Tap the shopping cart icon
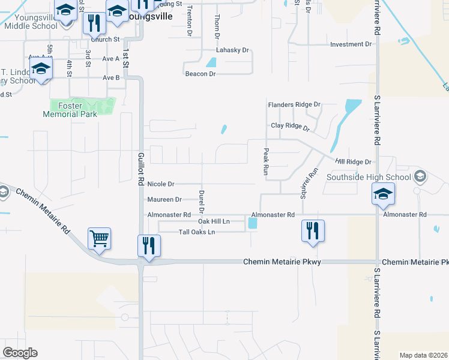click(100, 238)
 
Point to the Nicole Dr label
click(160, 184)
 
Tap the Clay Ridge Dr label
click(289, 127)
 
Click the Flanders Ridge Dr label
click(294, 104)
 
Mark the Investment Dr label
click(351, 44)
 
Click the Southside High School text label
click(369, 177)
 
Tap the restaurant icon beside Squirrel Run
click(312, 231)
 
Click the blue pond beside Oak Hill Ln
click(252, 223)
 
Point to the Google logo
click(20, 353)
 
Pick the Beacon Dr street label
click(200, 74)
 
